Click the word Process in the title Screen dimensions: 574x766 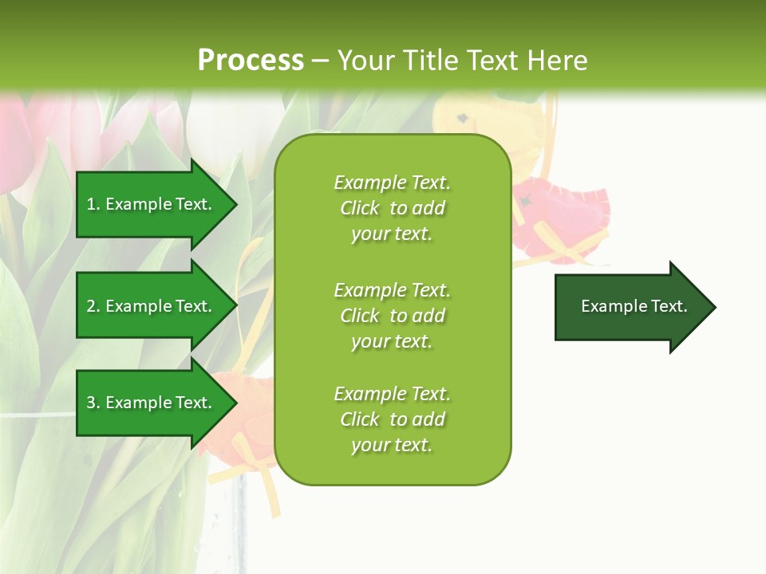pyautogui.click(x=251, y=61)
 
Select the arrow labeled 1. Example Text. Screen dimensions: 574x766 pyautogui.click(x=152, y=204)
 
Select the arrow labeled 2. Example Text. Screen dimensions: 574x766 pyautogui.click(x=152, y=306)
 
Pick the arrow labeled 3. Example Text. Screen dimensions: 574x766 pyautogui.click(x=152, y=403)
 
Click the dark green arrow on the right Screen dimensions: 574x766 pyautogui.click(x=630, y=307)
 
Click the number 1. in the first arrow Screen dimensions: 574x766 pyautogui.click(x=93, y=204)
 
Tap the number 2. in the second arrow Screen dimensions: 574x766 pyautogui.click(x=93, y=306)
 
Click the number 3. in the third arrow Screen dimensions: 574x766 pyautogui.click(x=93, y=403)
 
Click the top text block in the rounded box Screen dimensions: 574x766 pyautogui.click(x=393, y=208)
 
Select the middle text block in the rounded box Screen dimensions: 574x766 pyautogui.click(x=393, y=316)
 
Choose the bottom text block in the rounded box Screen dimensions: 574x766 pyautogui.click(x=393, y=419)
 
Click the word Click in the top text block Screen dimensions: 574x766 pyautogui.click(x=360, y=208)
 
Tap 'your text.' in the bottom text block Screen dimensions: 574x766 pyautogui.click(x=392, y=445)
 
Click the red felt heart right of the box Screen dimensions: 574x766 pyautogui.click(x=559, y=219)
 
